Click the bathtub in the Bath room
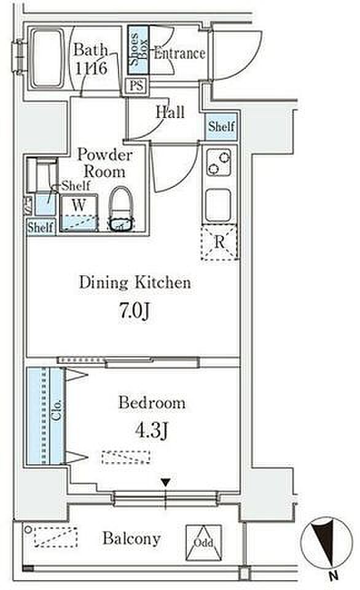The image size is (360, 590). point(47,58)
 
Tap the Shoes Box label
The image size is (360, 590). point(138,50)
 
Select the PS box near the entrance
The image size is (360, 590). point(137,86)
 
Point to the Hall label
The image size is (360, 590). point(170,112)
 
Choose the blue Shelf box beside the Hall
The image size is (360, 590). point(222,126)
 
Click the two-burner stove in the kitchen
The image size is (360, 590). point(219,162)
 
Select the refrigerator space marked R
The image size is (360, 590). point(219,242)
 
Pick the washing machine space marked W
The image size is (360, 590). point(79,212)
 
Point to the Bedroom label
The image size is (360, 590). point(152,403)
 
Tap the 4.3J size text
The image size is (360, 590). point(152,430)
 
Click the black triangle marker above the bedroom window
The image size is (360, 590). point(166,482)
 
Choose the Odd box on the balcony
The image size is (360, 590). point(203,542)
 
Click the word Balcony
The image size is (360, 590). point(131,539)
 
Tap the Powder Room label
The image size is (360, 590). point(104,163)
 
